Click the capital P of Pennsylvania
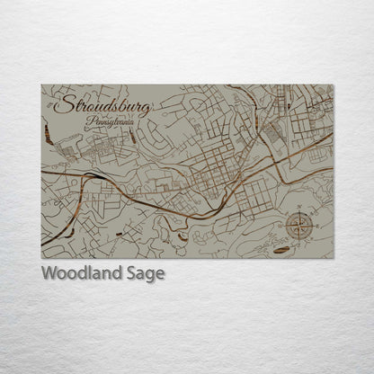coord(83,120)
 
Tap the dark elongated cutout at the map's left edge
coord(46,134)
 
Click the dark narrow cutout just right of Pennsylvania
coord(132,136)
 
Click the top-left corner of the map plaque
coord(41,85)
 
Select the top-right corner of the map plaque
coord(333,85)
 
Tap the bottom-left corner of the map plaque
coord(41,258)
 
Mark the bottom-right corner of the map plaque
coord(333,258)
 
